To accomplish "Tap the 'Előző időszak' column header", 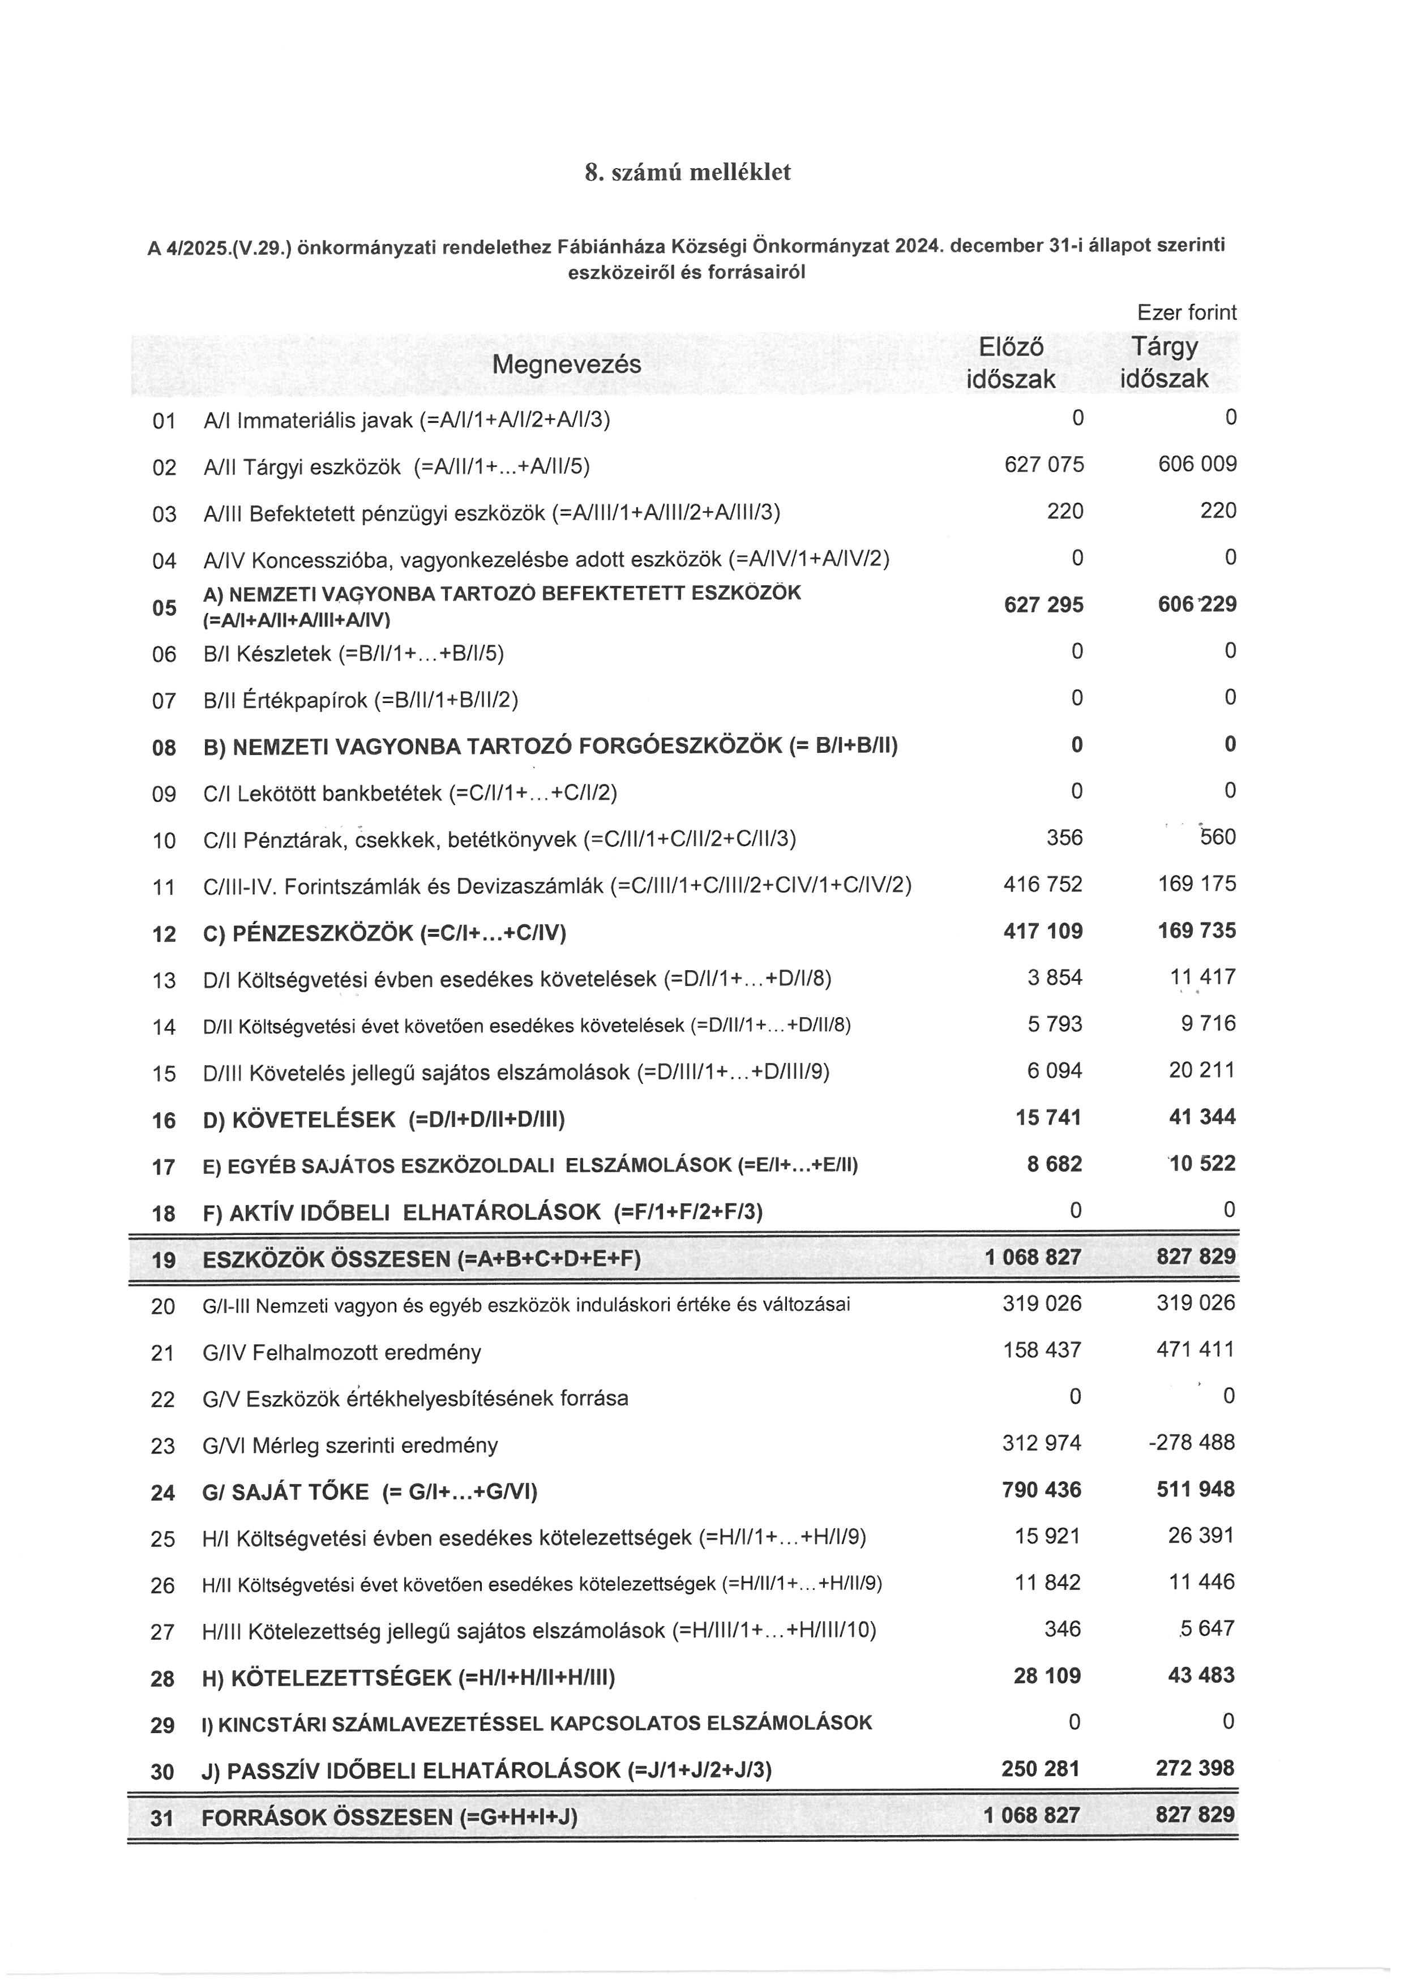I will point(1011,363).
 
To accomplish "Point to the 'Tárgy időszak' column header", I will point(1165,363).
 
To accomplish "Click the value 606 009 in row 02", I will point(1196,464).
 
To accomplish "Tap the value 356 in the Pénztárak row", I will point(1064,838).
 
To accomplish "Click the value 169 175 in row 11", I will point(1196,884).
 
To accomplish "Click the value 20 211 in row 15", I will point(1202,1070).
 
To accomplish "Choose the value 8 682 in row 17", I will point(1054,1164).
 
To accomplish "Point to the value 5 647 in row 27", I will point(1209,1629).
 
